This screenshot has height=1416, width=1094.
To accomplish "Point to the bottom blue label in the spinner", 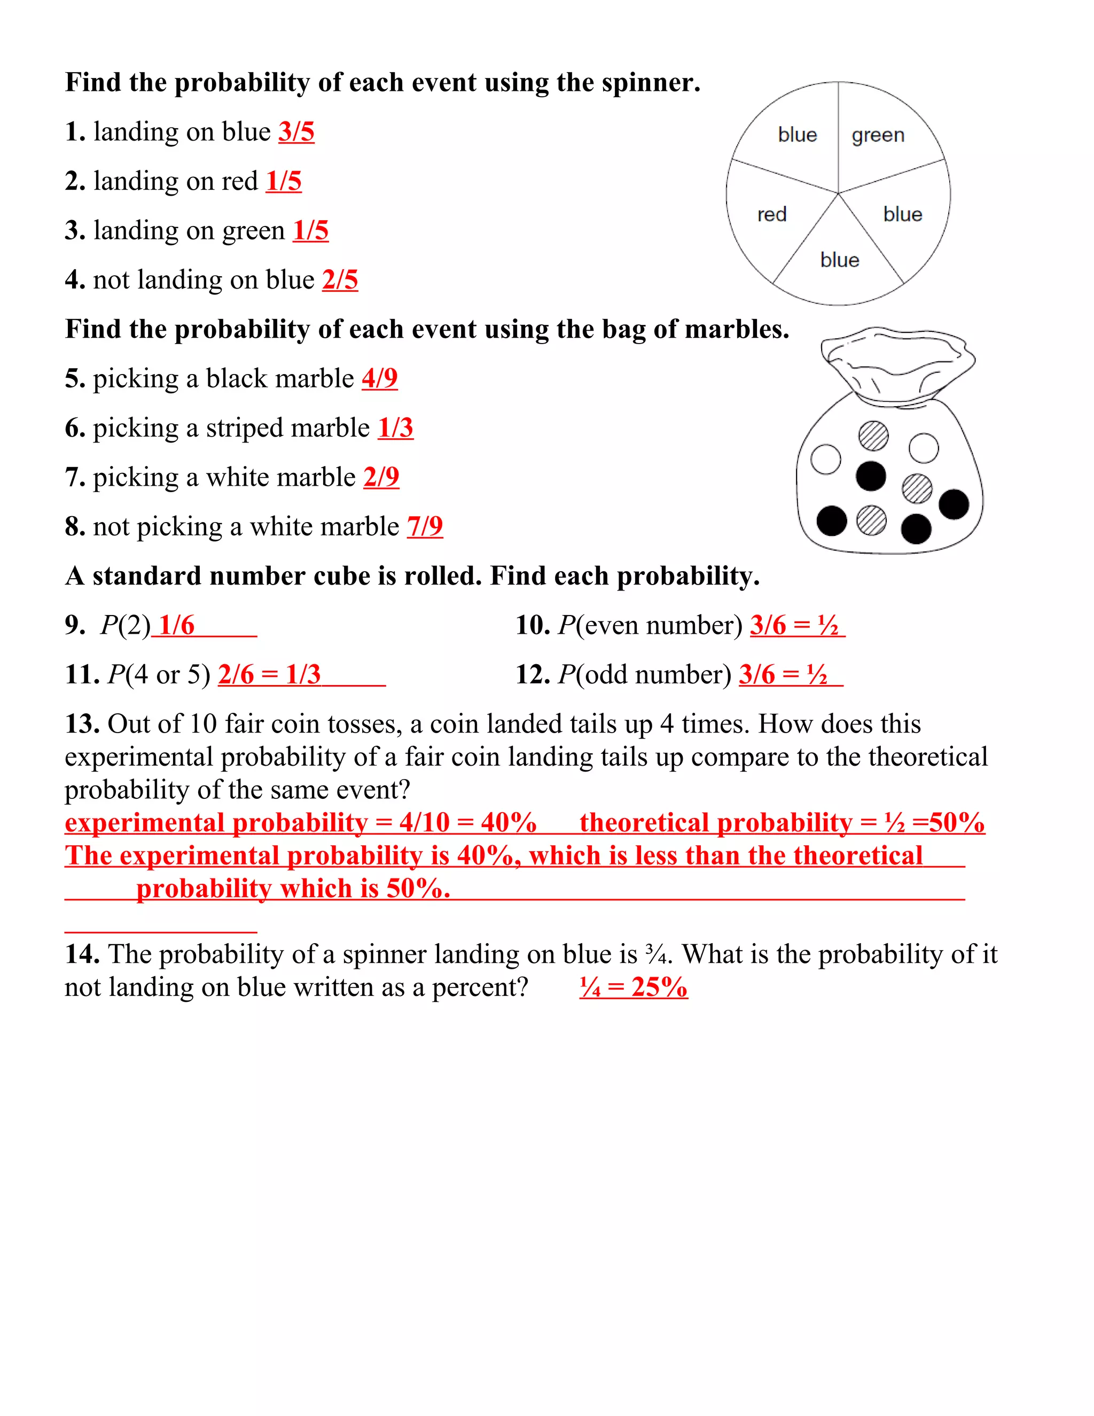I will pos(839,260).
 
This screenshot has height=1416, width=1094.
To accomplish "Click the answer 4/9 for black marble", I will pos(379,379).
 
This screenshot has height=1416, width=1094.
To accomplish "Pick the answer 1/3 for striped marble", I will pos(395,428).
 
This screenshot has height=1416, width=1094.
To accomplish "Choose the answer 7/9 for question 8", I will pos(425,526).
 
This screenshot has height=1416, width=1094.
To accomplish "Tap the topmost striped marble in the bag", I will pos(873,435).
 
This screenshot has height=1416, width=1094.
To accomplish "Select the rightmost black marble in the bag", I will pos(954,504).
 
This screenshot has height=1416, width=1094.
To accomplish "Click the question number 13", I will pos(82,724).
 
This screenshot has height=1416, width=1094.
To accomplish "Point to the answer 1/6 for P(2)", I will pos(176,626).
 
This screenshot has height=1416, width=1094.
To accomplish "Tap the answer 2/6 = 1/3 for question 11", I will pos(269,675).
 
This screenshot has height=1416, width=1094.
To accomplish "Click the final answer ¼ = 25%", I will pos(633,987).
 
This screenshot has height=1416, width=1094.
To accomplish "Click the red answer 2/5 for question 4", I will pos(340,280).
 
